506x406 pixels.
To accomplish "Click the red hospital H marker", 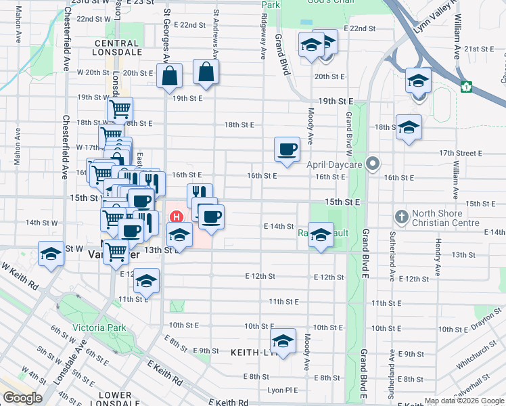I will pyautogui.click(x=177, y=217).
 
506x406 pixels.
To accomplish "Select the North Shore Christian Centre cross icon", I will pyautogui.click(x=402, y=217).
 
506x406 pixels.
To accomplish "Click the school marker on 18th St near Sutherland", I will pyautogui.click(x=409, y=128).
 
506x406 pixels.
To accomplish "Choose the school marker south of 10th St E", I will pyautogui.click(x=283, y=341).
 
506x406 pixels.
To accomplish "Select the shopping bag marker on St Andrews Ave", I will pyautogui.click(x=206, y=72).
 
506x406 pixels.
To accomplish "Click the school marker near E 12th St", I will pyautogui.click(x=146, y=281).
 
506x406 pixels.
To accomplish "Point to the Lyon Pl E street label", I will pyautogui.click(x=282, y=390).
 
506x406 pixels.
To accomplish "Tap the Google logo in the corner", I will pyautogui.click(x=23, y=397).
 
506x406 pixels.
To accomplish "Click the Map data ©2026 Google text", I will pyautogui.click(x=463, y=401).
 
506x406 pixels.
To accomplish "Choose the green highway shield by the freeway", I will pyautogui.click(x=466, y=87).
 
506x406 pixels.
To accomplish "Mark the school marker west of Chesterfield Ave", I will pyautogui.click(x=51, y=254).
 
